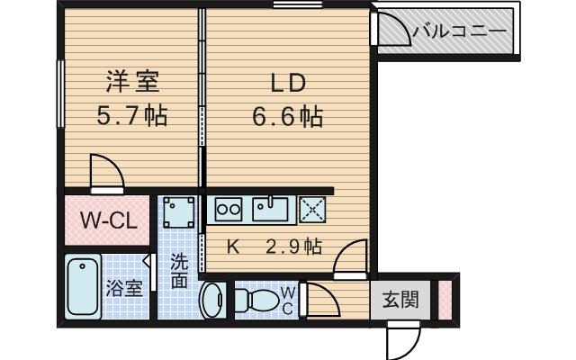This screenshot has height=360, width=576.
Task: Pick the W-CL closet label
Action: pyautogui.click(x=108, y=220)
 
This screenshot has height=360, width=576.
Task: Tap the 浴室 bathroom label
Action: pyautogui.click(x=124, y=289)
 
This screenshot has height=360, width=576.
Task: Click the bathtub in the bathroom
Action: pyautogui.click(x=84, y=286)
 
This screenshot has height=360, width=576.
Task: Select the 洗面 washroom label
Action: pyautogui.click(x=179, y=270)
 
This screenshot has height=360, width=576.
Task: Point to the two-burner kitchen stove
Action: pyautogui.click(x=229, y=209)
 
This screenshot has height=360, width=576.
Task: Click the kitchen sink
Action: pyautogui.click(x=269, y=209)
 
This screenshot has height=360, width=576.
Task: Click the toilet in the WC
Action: pyautogui.click(x=261, y=299)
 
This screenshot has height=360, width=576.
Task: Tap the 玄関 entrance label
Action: pyautogui.click(x=400, y=300)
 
